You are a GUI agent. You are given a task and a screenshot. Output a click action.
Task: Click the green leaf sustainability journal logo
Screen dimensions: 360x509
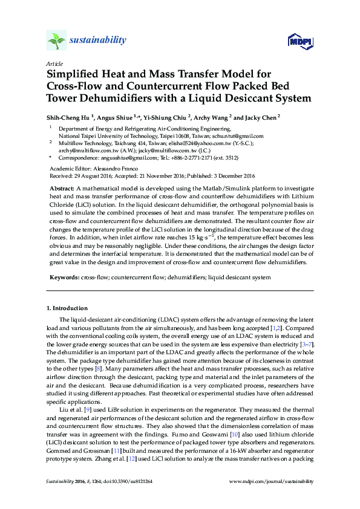click(56, 41)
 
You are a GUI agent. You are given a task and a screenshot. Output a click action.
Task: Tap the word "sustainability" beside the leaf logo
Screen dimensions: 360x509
click(99, 41)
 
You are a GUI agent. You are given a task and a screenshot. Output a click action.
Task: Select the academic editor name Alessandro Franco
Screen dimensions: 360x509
click(117, 167)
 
